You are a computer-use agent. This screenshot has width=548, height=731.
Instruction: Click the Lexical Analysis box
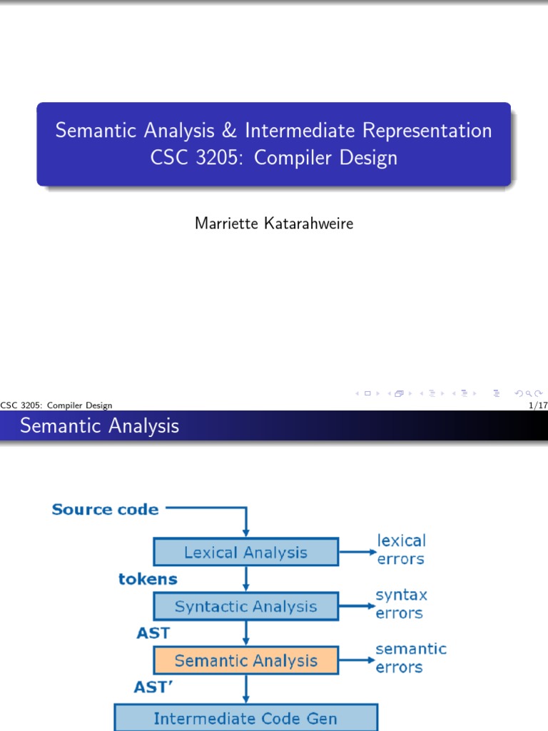click(x=245, y=553)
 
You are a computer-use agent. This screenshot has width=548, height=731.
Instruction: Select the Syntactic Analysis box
click(x=245, y=607)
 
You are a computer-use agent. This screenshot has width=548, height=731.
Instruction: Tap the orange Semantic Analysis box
click(x=245, y=661)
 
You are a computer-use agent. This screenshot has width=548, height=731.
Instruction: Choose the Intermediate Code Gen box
click(x=245, y=718)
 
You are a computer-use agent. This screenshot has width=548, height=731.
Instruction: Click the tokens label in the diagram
click(x=148, y=579)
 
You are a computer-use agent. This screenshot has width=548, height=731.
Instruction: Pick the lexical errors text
click(x=400, y=550)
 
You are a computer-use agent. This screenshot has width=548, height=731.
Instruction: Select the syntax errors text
click(x=401, y=604)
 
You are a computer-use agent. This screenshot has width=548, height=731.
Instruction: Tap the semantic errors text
click(x=410, y=658)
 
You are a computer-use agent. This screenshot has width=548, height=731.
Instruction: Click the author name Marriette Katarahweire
click(x=274, y=224)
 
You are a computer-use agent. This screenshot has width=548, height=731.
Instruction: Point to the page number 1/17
click(x=535, y=405)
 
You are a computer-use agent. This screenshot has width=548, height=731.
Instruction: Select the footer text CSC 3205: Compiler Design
click(x=56, y=405)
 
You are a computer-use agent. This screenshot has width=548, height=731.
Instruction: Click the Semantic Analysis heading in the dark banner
click(x=99, y=426)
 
